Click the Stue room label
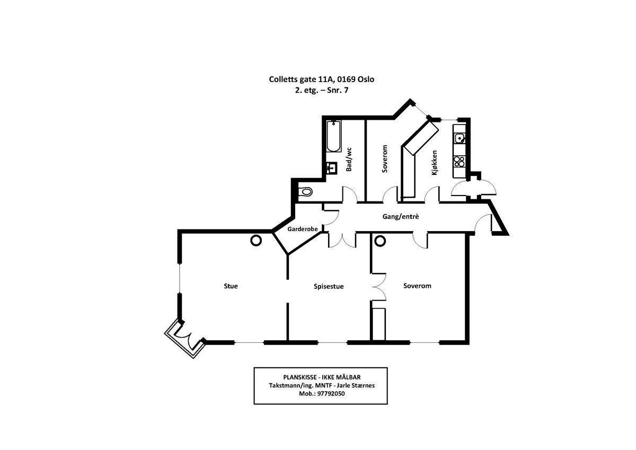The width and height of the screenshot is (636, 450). click(x=231, y=286)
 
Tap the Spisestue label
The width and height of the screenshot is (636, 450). click(x=329, y=287)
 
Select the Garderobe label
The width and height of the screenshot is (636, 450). click(x=303, y=230)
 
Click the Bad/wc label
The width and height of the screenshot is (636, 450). click(x=349, y=159)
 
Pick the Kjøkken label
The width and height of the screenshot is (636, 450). click(x=434, y=163)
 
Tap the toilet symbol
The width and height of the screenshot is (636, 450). click(x=306, y=192)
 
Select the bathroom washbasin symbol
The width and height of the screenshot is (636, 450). click(x=332, y=168)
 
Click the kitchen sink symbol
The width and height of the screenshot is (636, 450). click(x=460, y=139)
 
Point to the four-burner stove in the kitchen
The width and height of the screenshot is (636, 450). click(x=459, y=161)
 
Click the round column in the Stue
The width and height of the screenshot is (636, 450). click(x=255, y=241)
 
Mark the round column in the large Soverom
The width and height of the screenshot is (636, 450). click(x=379, y=241)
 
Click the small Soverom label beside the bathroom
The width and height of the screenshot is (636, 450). click(x=385, y=159)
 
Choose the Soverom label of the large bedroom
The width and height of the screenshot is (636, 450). click(x=417, y=286)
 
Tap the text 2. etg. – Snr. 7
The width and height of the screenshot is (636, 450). click(x=322, y=90)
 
